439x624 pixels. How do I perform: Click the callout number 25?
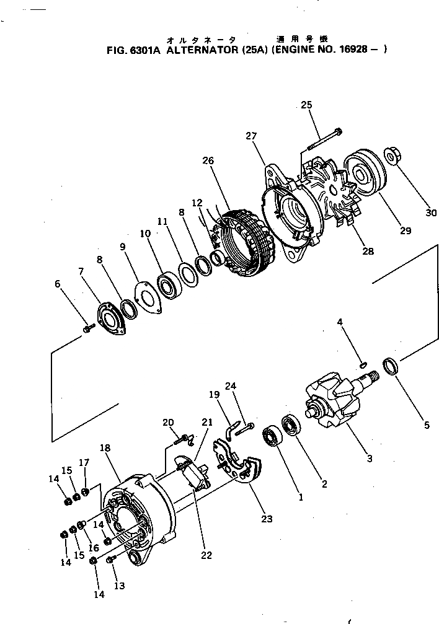[306, 105]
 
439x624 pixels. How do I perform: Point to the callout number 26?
[208, 160]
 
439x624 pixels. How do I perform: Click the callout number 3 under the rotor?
[369, 459]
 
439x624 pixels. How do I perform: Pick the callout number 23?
[267, 519]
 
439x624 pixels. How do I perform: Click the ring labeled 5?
[390, 366]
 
